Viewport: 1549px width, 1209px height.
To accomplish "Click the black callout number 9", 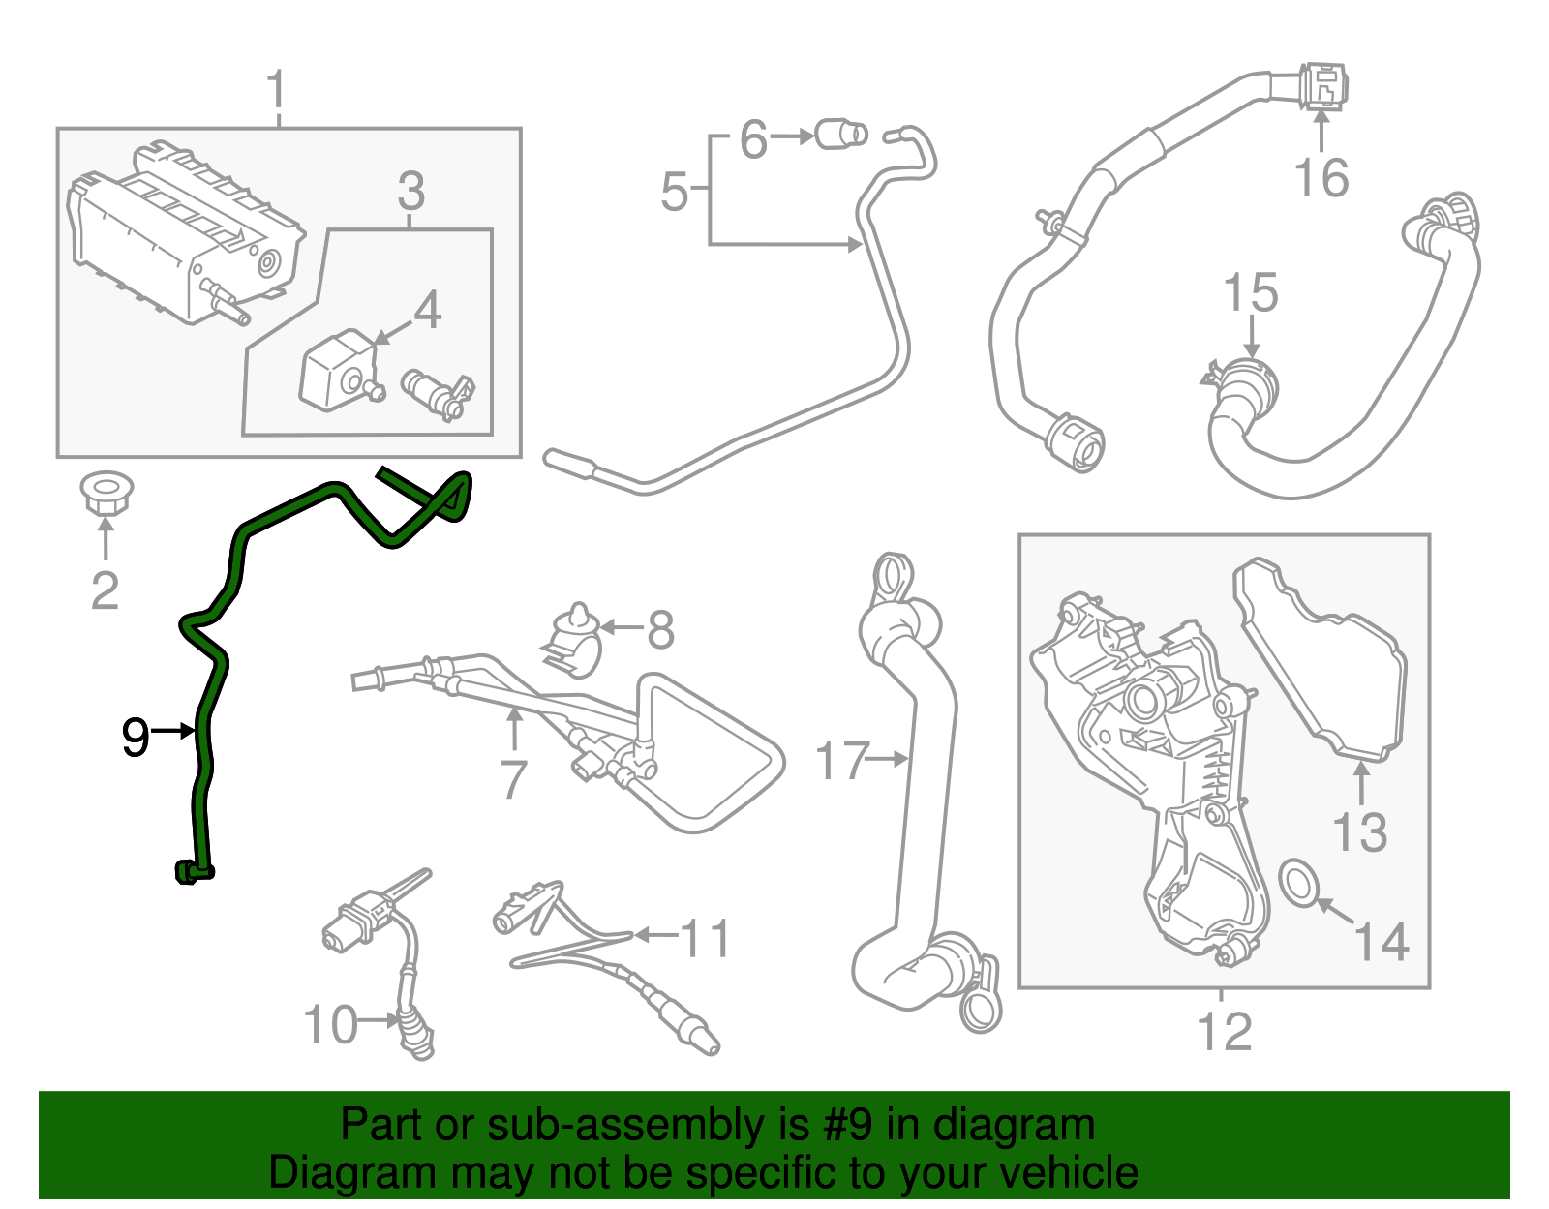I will (136, 738).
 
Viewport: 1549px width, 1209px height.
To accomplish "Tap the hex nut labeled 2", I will (106, 494).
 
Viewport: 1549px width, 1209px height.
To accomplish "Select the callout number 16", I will (1321, 178).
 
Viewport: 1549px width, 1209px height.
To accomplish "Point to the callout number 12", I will (1225, 1032).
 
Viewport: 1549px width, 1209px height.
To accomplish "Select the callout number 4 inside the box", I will (427, 311).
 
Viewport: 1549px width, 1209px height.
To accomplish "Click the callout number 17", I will (841, 761).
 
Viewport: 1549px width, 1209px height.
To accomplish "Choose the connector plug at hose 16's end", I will (1322, 85).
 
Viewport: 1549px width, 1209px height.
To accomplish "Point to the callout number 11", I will (705, 938).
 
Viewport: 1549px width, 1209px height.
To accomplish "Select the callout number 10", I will (330, 1025).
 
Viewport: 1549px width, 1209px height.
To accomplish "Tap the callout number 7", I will (512, 778).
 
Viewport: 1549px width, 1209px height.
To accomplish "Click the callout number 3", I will (410, 192).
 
